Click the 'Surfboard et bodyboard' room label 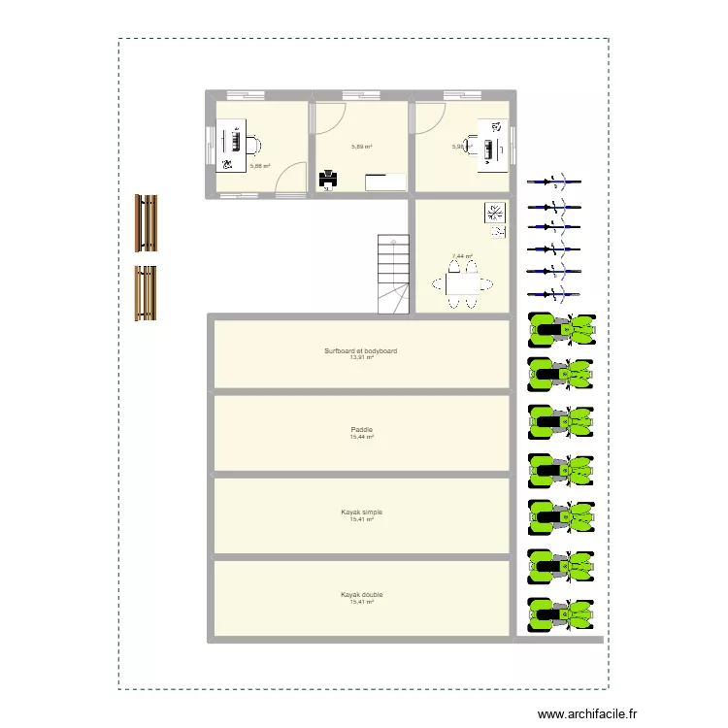[361, 350]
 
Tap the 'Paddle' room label [361, 430]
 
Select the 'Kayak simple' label [361, 512]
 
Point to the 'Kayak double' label [361, 594]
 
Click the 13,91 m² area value [361, 358]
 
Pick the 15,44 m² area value [361, 438]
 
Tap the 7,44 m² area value [461, 257]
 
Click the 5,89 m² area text [361, 148]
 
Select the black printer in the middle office [328, 179]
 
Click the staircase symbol [393, 275]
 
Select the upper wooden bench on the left [146, 222]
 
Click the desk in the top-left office [231, 146]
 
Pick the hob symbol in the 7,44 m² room [494, 212]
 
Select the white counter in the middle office [385, 182]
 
